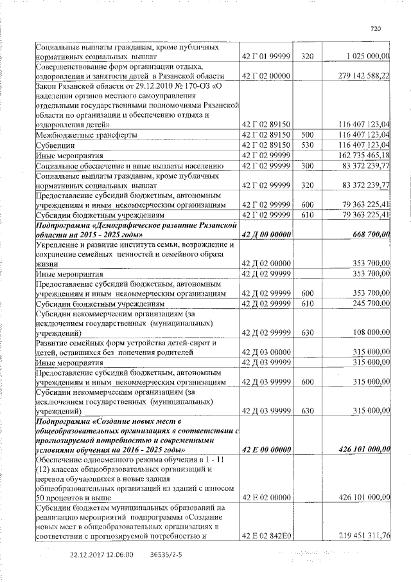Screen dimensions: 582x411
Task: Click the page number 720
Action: (x=376, y=28)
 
